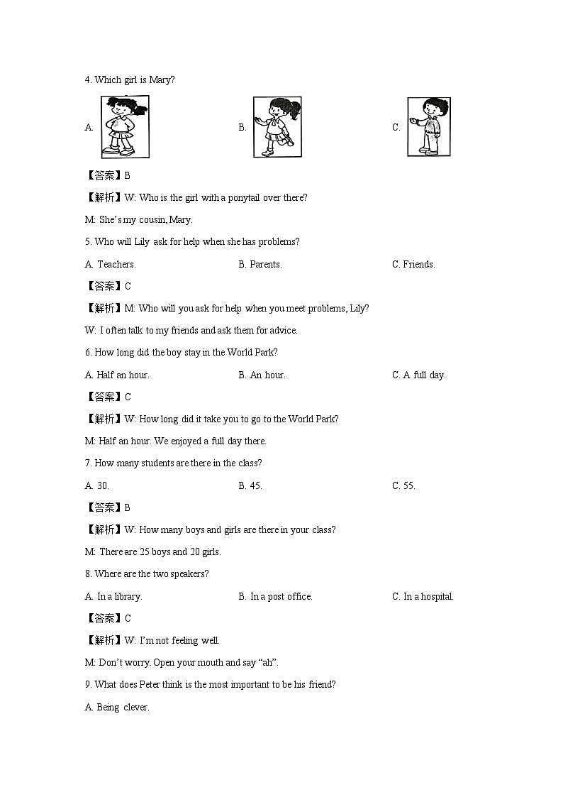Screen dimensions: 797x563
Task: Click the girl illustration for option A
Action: tap(124, 127)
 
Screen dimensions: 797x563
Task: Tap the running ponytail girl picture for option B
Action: tap(277, 127)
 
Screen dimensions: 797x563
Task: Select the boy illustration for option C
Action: tap(428, 127)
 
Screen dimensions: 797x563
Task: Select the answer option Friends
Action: tap(419, 264)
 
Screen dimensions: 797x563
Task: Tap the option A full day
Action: tap(424, 375)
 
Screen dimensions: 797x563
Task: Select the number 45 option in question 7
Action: tap(256, 485)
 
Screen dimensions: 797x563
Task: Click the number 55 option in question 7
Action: tap(409, 485)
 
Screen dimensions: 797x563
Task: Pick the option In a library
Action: tap(119, 596)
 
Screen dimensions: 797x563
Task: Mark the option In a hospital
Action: tap(428, 596)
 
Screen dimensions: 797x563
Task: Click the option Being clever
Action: tap(123, 707)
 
